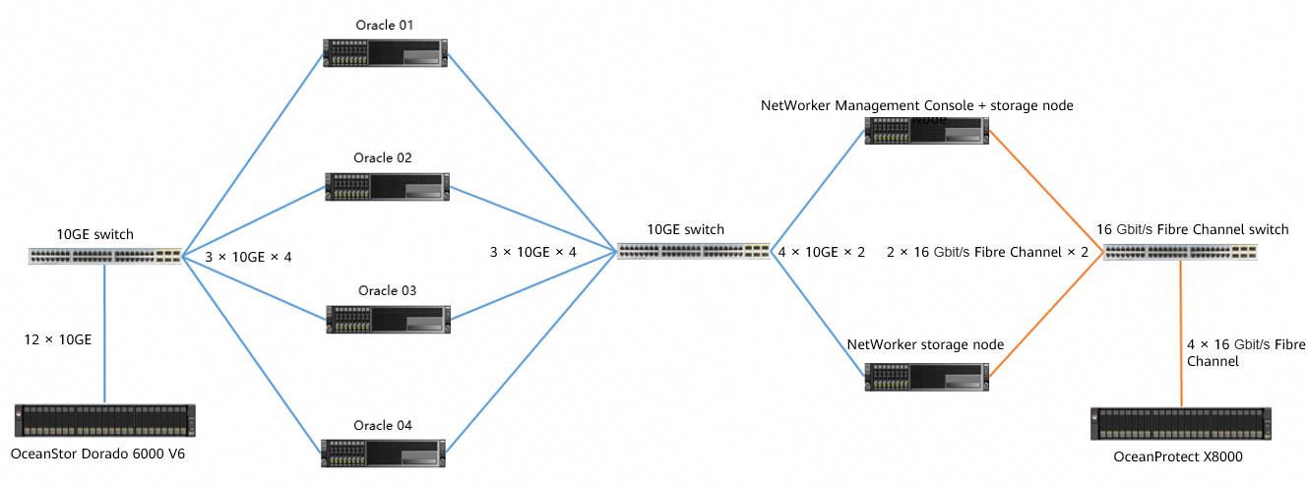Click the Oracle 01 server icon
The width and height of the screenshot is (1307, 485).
tap(385, 53)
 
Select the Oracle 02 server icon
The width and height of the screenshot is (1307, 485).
tap(387, 187)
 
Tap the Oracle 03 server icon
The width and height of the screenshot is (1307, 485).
tap(387, 320)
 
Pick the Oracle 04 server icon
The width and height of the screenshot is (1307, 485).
tap(385, 453)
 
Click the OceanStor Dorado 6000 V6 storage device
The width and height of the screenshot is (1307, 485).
tap(104, 420)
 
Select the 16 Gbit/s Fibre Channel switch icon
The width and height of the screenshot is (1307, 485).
tap(1180, 252)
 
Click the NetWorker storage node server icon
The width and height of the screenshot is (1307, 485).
tap(926, 378)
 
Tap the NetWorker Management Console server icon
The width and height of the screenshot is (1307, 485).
tap(926, 132)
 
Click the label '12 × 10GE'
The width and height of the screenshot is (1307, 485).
tap(58, 339)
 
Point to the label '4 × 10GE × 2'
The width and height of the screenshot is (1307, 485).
tap(821, 252)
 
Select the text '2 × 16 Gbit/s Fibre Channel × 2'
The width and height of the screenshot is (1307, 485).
tap(988, 252)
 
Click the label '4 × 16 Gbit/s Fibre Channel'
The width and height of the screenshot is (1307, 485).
tap(1246, 353)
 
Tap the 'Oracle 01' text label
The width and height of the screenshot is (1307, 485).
tap(385, 24)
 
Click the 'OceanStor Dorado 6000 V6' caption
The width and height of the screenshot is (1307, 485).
tap(97, 454)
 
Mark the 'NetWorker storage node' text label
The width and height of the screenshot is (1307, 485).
tap(925, 344)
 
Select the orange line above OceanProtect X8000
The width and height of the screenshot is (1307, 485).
tap(1180, 334)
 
